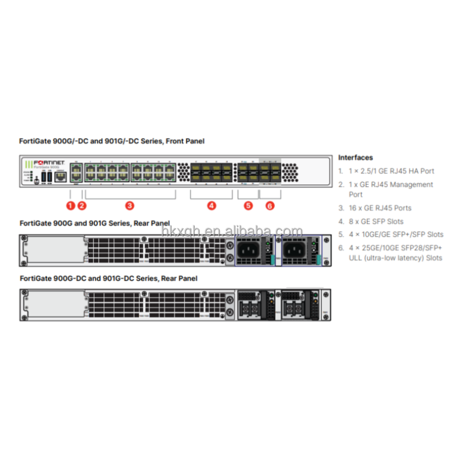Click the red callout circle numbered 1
click(70, 205)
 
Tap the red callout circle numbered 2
click(82, 205)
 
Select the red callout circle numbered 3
click(130, 205)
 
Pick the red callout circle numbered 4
click(212, 205)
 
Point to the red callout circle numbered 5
click(248, 205)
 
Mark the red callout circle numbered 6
click(270, 205)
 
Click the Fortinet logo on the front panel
click(50, 162)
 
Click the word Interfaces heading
click(356, 157)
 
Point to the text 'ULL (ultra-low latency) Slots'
click(395, 258)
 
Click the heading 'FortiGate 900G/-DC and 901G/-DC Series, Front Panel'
click(112, 141)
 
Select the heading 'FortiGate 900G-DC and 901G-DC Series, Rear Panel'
click(108, 278)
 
